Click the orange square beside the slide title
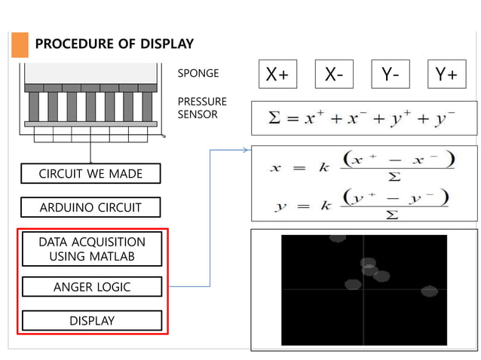click(20, 44)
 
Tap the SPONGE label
click(198, 74)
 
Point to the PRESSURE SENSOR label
click(201, 108)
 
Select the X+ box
click(277, 74)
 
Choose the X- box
click(334, 74)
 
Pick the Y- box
click(390, 74)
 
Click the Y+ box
click(446, 74)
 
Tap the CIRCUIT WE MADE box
click(90, 174)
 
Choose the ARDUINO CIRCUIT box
click(90, 207)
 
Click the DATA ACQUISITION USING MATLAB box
click(91, 249)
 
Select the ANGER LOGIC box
click(91, 287)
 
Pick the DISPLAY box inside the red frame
click(91, 321)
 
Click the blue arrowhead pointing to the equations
click(245, 150)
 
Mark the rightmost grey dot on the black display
click(429, 291)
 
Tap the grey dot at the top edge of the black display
click(337, 238)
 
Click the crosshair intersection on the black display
click(363, 289)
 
